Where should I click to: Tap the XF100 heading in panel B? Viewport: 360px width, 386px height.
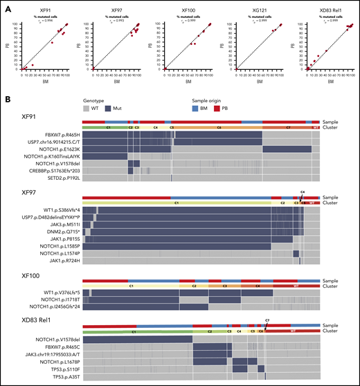[25, 275]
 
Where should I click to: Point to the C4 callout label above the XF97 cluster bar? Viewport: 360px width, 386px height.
[303, 190]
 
